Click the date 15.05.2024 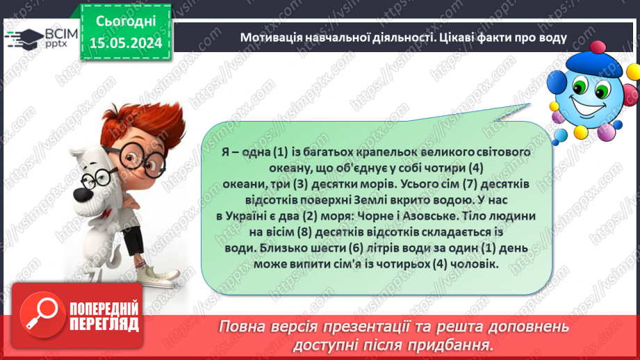(125, 44)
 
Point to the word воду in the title (552, 38)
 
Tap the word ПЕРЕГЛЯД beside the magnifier (103, 324)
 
